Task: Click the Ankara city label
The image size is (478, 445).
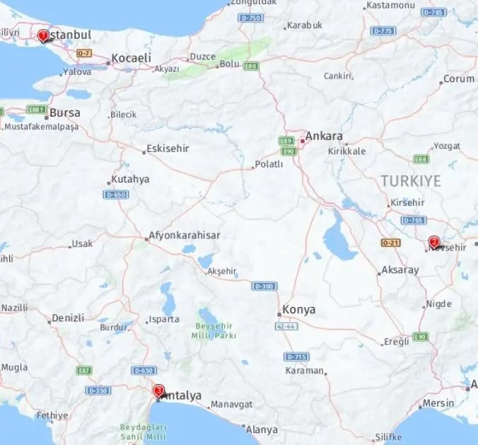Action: tap(324, 137)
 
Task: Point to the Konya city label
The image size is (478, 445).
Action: tap(298, 310)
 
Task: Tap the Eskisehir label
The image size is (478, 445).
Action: tap(167, 149)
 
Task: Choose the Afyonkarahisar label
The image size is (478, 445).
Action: tap(185, 236)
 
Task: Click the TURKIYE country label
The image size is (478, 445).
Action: tap(411, 180)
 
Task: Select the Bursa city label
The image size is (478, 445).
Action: tap(65, 112)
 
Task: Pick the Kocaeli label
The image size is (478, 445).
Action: tap(132, 57)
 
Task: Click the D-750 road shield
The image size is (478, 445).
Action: tap(250, 17)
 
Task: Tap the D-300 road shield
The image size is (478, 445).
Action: tap(264, 286)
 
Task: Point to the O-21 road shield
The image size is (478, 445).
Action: tap(390, 243)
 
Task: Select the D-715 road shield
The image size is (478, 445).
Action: tap(296, 357)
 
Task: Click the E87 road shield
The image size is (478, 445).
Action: tap(85, 370)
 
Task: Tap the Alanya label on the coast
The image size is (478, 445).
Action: tap(261, 429)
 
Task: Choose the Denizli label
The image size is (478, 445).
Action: tap(69, 318)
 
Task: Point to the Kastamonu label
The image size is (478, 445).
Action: tap(389, 5)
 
